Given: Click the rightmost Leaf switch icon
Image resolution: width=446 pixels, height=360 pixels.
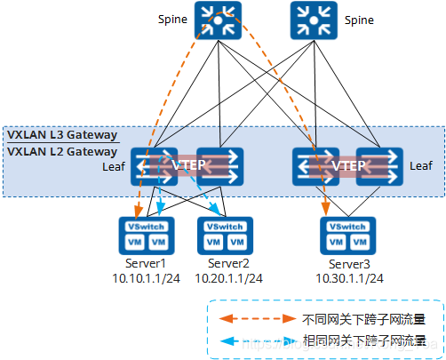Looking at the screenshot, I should (378, 166).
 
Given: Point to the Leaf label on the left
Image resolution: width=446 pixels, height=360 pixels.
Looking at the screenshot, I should (114, 165).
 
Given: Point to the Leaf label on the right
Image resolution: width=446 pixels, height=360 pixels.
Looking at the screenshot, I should (420, 165).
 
